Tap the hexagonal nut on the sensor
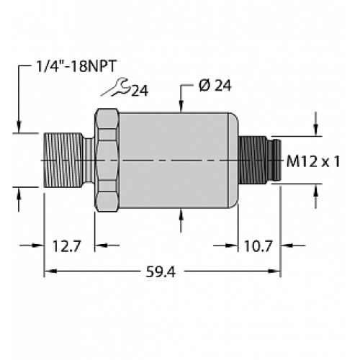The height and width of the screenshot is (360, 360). (106, 160)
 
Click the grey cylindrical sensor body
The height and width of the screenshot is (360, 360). (176, 160)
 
